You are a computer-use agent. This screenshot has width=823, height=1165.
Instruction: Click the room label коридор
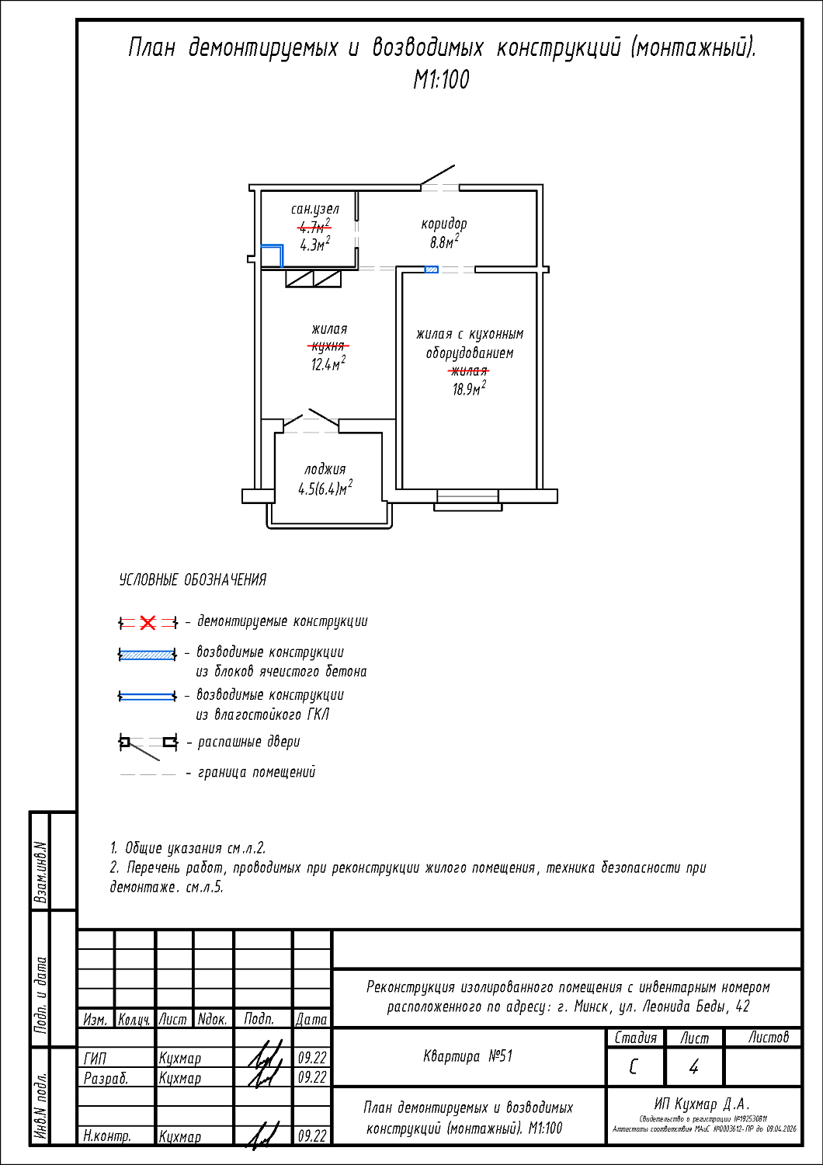444,224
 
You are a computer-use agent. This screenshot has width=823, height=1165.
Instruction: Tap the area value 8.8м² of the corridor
444,242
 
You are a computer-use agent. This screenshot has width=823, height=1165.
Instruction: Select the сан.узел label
314,209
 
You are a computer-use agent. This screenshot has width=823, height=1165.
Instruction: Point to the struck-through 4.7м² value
314,227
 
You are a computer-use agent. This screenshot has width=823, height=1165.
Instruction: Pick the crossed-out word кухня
328,346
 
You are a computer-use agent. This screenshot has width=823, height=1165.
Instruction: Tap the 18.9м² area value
469,388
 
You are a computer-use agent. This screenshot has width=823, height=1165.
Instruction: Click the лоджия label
325,469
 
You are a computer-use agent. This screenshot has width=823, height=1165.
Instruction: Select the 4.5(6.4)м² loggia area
325,489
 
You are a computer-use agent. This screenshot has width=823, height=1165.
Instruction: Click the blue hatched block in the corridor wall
432,270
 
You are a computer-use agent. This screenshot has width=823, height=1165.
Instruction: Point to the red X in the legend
148,623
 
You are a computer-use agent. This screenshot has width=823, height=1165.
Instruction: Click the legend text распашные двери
248,742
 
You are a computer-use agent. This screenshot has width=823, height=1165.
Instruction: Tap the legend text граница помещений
257,772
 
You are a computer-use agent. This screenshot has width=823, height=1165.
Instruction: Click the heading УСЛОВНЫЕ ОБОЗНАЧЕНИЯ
193,580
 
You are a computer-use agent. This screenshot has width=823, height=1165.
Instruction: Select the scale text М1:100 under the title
441,79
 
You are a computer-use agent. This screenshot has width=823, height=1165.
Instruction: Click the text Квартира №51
467,1056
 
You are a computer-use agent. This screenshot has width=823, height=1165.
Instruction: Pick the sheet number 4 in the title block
693,1067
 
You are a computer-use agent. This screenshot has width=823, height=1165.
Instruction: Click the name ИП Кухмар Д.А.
702,1104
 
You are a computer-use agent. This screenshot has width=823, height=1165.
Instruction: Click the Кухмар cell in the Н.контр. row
180,1136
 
